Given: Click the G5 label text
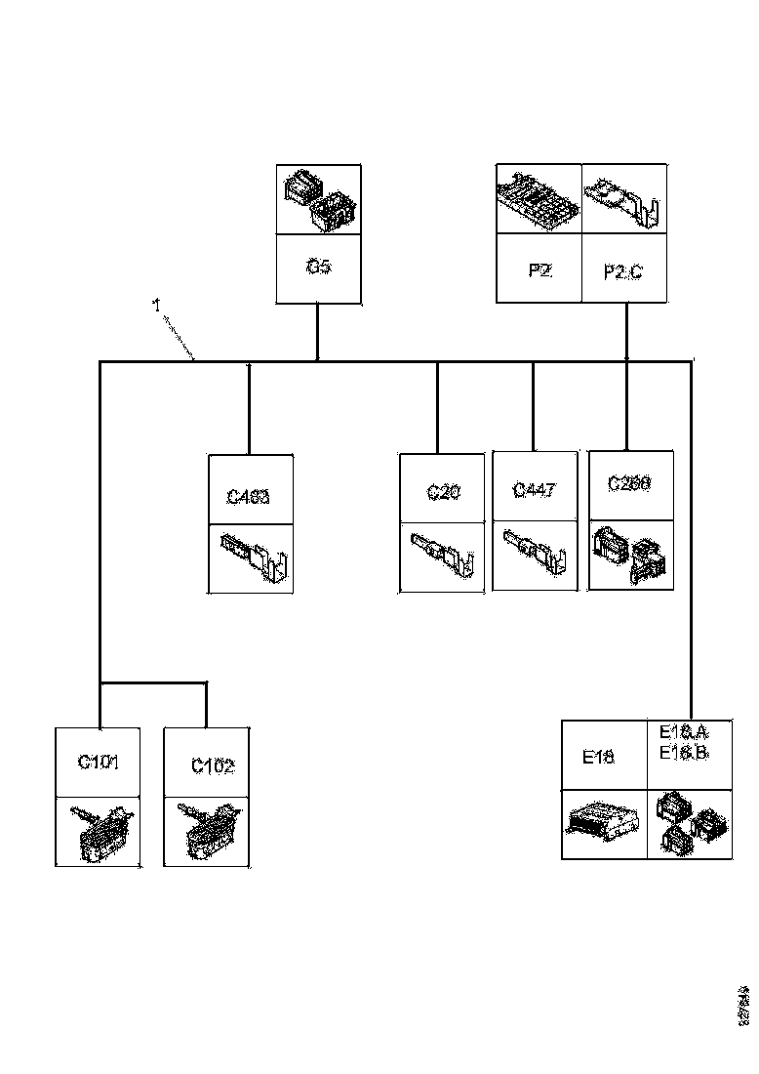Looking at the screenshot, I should click(319, 266).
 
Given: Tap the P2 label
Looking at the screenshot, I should click(539, 270).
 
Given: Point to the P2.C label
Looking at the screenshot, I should click(623, 273).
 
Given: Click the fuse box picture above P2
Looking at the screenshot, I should click(539, 199).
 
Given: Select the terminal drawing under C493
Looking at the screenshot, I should click(252, 558).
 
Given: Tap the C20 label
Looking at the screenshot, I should click(443, 492).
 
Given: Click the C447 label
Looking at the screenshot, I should click(534, 490).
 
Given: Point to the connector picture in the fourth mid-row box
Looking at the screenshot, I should click(631, 554).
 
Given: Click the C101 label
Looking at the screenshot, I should click(99, 762).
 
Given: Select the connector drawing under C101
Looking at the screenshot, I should click(99, 831).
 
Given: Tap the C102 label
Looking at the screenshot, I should click(213, 766).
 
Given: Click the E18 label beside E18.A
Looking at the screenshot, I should click(598, 756).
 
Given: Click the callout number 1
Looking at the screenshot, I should click(156, 306).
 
